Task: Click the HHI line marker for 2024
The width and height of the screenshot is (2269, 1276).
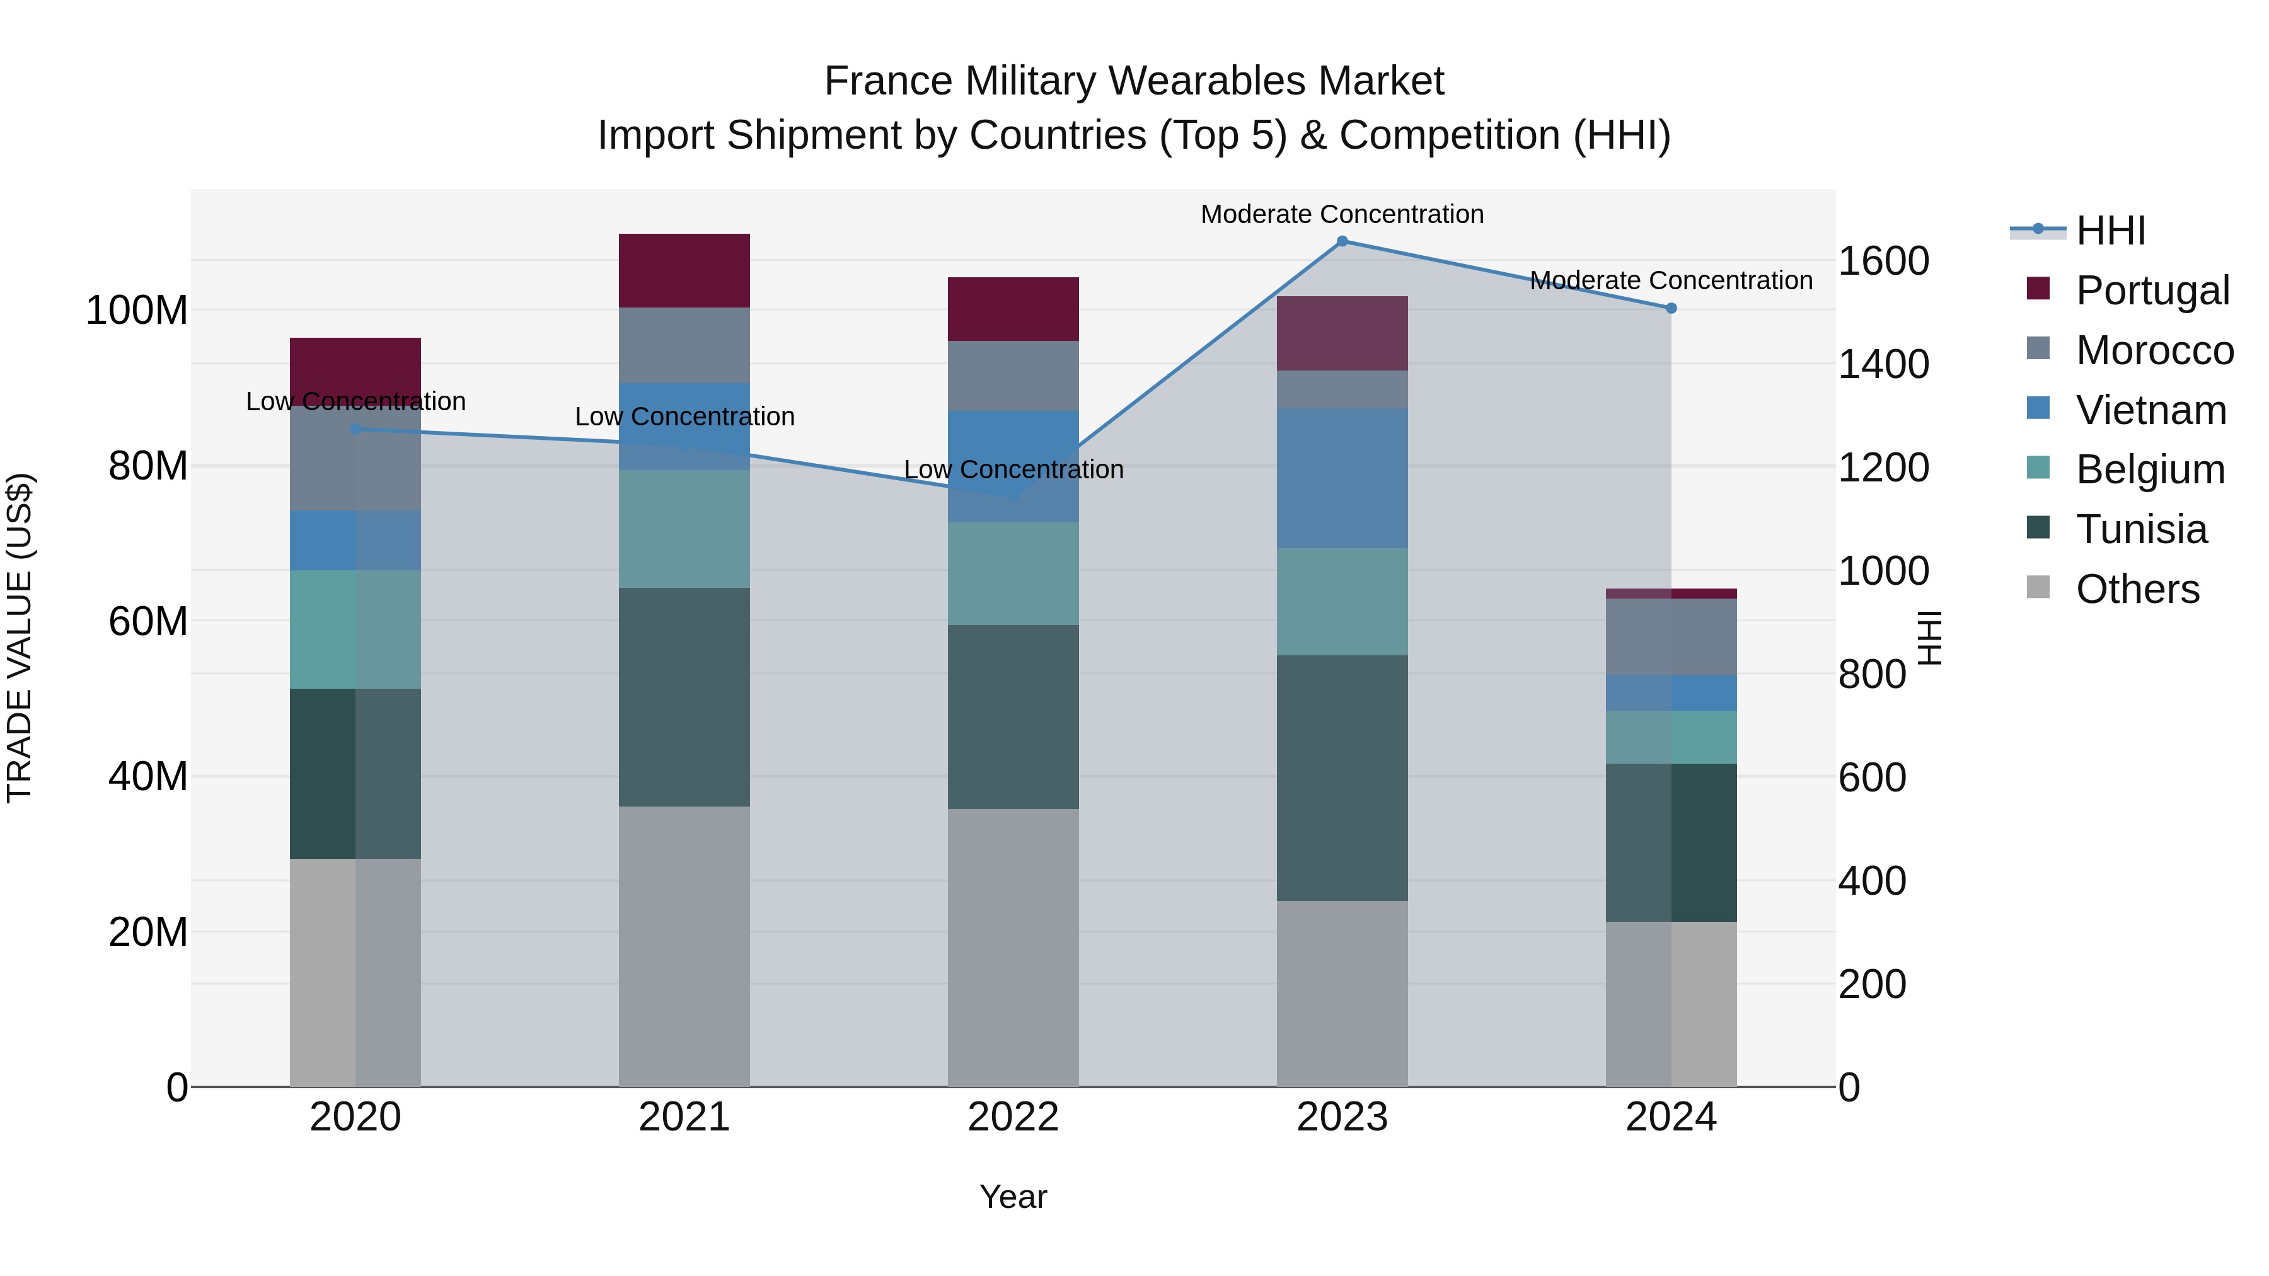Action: pos(1671,308)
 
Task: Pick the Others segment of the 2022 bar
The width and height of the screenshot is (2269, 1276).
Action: pos(1013,948)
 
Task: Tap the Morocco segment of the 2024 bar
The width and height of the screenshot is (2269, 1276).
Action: pos(1671,636)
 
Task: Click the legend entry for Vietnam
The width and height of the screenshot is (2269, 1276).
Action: pos(2150,410)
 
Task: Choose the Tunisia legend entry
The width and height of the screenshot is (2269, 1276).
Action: pos(2140,529)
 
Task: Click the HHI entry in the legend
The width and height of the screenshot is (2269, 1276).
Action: pos(2110,231)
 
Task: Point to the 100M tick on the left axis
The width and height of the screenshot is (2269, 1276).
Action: pos(137,311)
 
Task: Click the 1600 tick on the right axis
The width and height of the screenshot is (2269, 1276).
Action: pos(1883,261)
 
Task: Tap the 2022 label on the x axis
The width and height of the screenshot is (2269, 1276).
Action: pos(1013,1117)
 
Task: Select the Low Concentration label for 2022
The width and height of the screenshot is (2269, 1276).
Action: pos(1013,469)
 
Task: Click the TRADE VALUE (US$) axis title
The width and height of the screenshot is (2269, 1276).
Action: pos(20,638)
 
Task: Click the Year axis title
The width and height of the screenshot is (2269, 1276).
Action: pos(1013,1197)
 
